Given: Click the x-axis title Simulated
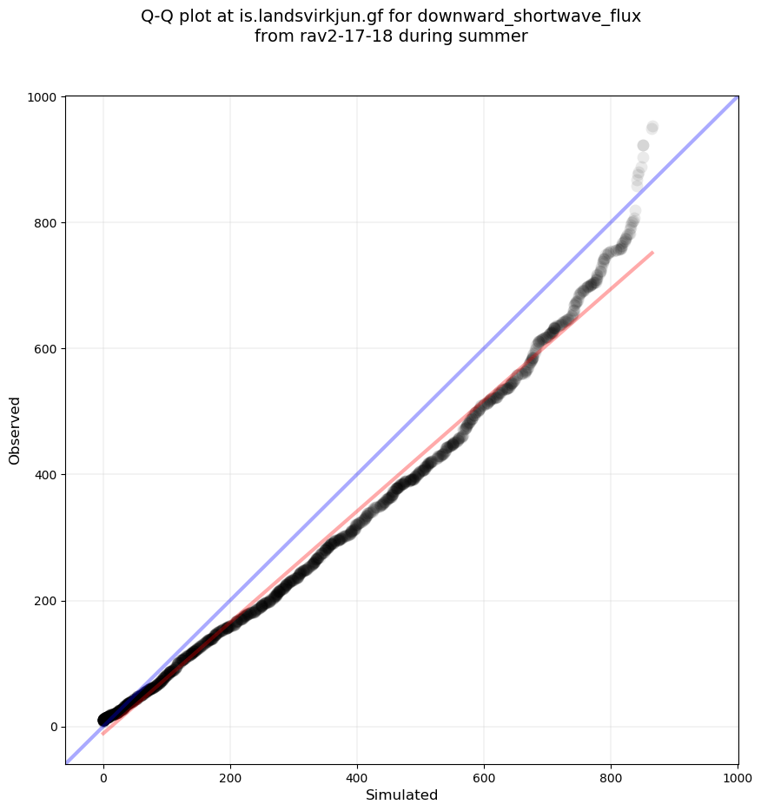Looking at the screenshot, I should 401,795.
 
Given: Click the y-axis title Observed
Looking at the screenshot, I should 15,430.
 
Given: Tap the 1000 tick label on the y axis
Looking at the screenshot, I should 43,97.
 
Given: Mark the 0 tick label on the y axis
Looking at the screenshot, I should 54,727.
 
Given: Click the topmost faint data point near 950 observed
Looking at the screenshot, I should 652,128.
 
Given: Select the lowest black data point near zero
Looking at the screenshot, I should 103,720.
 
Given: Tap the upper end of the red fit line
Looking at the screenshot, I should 652,253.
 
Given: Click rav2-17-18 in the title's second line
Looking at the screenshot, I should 335,36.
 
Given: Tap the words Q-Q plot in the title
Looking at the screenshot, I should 176,16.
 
